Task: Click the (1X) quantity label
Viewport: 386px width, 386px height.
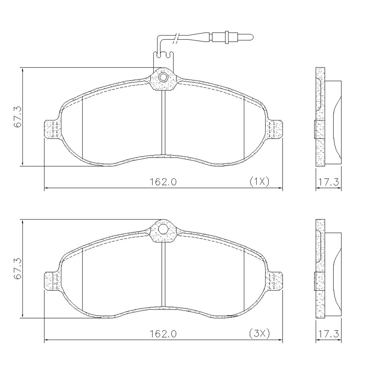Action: pyautogui.click(x=259, y=181)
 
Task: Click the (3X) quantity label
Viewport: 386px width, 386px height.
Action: pyautogui.click(x=259, y=333)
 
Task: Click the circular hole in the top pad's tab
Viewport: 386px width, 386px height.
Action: pyautogui.click(x=163, y=77)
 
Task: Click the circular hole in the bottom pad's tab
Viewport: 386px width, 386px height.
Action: pyautogui.click(x=163, y=229)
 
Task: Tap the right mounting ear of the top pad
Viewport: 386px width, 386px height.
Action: pyautogui.click(x=276, y=129)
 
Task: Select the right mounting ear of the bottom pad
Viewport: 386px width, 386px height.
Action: pyautogui.click(x=276, y=281)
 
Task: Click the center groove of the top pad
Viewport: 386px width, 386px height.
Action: pyautogui.click(x=163, y=124)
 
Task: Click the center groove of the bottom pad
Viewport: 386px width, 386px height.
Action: pyautogui.click(x=163, y=276)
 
